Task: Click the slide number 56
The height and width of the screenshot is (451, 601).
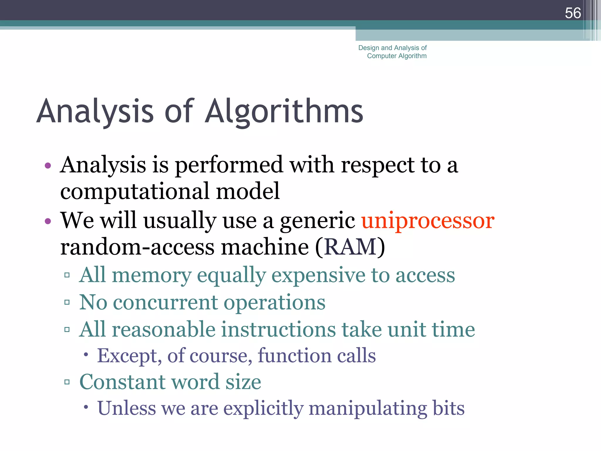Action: (573, 13)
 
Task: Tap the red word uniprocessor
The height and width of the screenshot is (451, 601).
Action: (428, 221)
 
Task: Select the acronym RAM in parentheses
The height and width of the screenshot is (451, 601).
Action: (350, 247)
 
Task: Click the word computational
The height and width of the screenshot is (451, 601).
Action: (134, 191)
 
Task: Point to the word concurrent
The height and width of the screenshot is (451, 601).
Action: (166, 302)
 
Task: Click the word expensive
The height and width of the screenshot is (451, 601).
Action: (318, 275)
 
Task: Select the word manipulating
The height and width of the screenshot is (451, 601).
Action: (368, 408)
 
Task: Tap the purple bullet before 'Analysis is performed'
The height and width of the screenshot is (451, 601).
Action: (48, 166)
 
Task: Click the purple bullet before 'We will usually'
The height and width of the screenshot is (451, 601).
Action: (48, 221)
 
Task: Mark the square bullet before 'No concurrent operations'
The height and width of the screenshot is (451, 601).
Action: (67, 302)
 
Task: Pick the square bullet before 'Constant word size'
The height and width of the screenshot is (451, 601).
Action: (67, 382)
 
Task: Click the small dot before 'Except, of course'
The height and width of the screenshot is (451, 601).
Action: (86, 355)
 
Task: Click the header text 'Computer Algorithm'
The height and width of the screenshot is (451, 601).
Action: (397, 56)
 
